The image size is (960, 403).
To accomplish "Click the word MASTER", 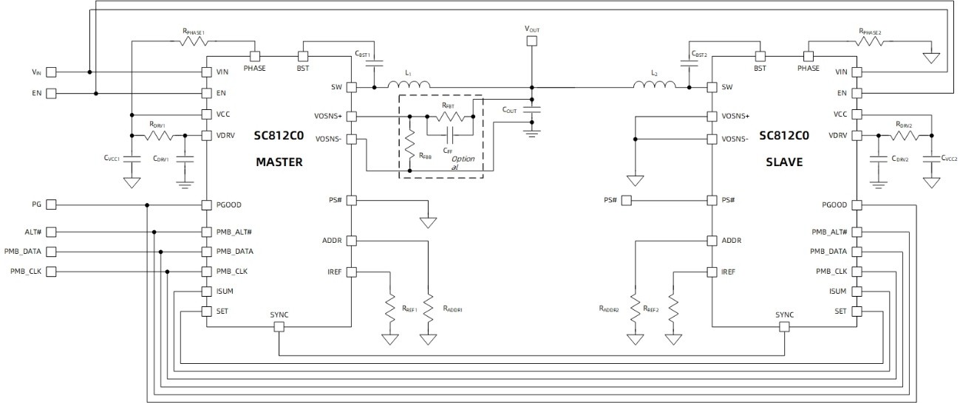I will click(x=279, y=162).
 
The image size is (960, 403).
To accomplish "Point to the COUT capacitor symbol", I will click(x=531, y=109).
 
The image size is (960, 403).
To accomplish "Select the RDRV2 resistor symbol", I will click(x=903, y=136).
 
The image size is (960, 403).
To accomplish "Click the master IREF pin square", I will click(x=351, y=272).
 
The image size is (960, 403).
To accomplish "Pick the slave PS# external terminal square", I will click(x=626, y=200).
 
